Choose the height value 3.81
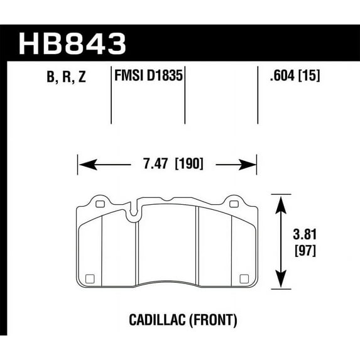pyautogui.click(x=304, y=236)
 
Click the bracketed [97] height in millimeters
pyautogui.click(x=304, y=249)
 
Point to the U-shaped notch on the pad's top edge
pyautogui.click(x=133, y=214)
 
